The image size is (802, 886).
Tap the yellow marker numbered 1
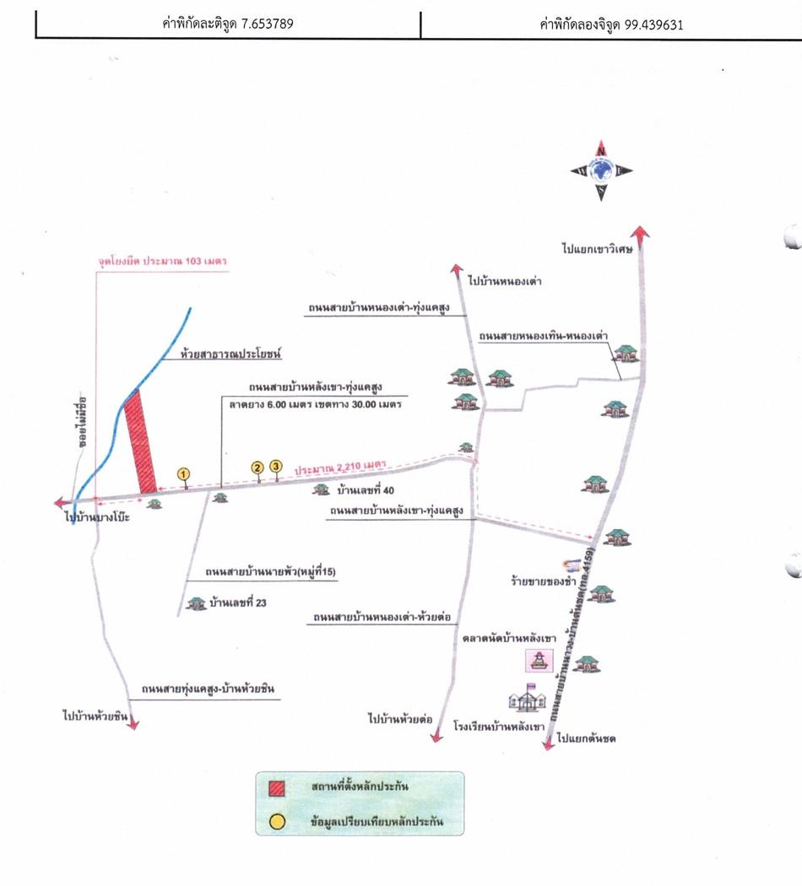point(185,474)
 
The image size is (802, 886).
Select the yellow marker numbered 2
point(258,467)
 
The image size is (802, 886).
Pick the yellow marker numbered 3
point(275,467)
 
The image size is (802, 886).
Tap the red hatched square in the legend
point(278,789)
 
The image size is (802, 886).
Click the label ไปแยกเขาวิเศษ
point(599,250)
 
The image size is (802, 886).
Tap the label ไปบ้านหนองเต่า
point(504,282)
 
